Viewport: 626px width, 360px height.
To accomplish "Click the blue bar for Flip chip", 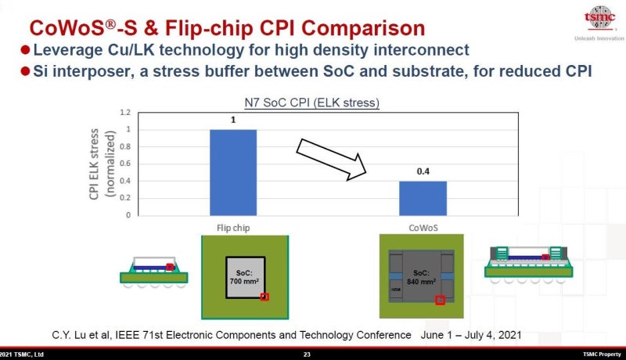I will [x=233, y=172].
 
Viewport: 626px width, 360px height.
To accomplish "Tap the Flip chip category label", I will [x=233, y=229].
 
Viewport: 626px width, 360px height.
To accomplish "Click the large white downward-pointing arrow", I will [x=333, y=158].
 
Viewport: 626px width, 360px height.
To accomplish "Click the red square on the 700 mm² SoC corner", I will [x=264, y=297].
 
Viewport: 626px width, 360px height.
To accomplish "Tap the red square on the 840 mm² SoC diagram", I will [x=441, y=299].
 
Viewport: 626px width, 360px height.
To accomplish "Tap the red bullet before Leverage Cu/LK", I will [x=25, y=50].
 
